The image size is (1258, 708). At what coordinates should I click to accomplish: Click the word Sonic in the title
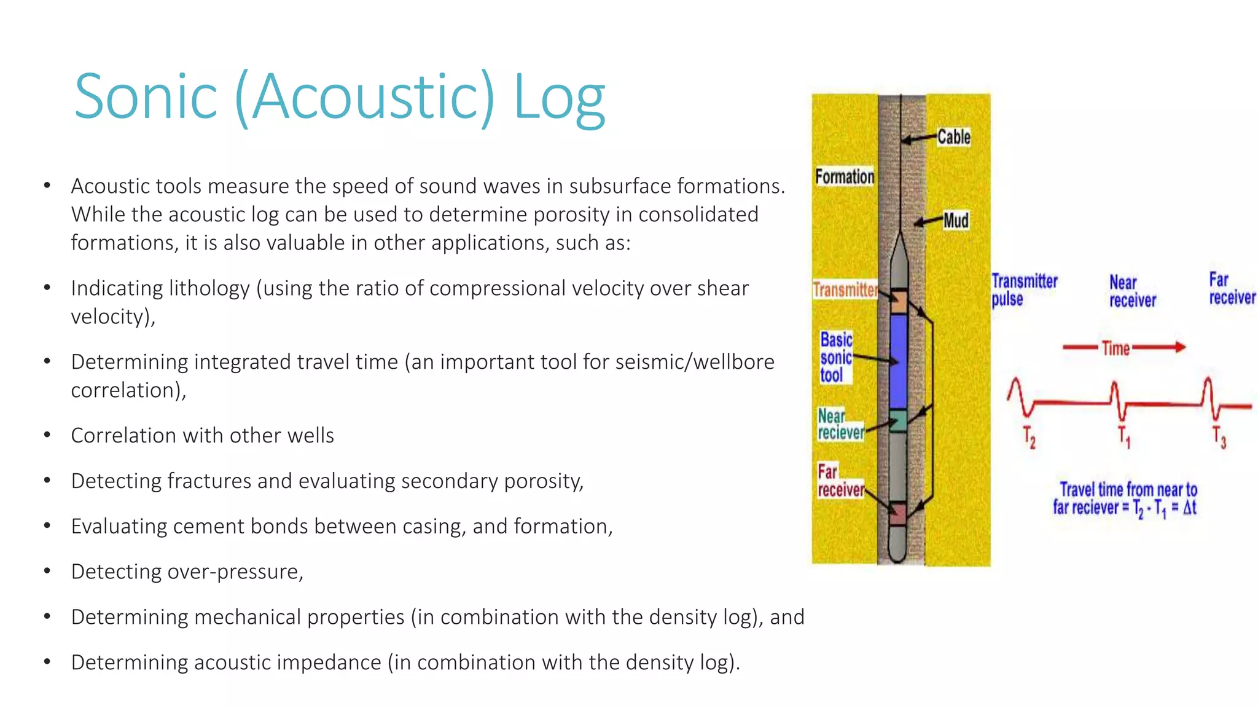146,97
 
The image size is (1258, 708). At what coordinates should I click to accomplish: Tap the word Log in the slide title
559,98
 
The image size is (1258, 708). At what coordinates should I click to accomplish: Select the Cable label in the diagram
954,137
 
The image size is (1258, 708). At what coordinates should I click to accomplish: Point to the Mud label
956,220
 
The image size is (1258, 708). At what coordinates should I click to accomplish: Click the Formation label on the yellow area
845,176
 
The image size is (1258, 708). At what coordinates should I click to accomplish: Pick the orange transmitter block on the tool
898,302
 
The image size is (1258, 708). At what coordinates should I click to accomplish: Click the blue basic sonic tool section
898,361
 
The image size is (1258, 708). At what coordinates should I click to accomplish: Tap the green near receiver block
898,421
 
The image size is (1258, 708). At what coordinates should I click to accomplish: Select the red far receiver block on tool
898,514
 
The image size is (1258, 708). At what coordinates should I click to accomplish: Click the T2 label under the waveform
1029,437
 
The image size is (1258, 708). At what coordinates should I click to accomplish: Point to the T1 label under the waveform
1123,437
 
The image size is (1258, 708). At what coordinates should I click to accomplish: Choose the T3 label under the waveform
1219,437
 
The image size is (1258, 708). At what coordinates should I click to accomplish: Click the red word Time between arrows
1115,348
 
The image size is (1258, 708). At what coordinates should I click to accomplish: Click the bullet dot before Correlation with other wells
47,435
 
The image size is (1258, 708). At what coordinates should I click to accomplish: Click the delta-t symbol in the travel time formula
1190,508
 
